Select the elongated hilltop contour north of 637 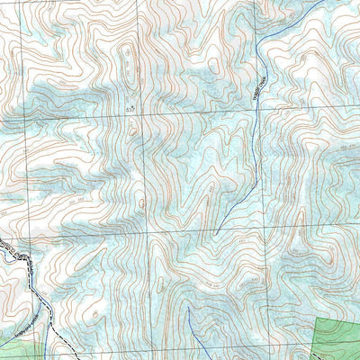tap(128, 58)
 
